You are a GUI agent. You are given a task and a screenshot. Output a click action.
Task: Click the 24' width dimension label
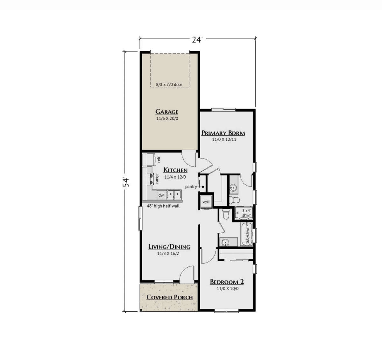coord(197,40)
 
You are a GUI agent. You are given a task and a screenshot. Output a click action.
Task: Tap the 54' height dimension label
coord(126,182)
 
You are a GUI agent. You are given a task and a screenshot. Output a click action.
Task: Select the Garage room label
coord(167,112)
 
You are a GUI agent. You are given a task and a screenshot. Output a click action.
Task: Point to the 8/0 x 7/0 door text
coord(169,84)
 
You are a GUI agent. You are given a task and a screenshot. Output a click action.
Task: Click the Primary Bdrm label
coord(223,133)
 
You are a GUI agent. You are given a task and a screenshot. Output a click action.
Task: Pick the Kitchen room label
coord(175,170)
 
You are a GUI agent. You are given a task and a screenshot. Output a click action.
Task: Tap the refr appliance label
coord(159,159)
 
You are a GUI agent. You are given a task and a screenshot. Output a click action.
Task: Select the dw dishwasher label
coord(161,195)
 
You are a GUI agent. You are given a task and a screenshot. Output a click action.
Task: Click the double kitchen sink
coord(174,194)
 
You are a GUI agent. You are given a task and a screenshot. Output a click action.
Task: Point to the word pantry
coord(191,187)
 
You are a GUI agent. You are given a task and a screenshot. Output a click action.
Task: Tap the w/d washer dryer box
coord(206,202)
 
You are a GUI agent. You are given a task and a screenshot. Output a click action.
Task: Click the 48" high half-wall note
coord(163,206)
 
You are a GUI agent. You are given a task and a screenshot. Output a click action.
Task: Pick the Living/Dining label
coord(169,247)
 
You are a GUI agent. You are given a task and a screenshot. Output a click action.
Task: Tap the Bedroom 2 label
coord(227,282)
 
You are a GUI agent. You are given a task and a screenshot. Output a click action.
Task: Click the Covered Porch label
coord(170,297)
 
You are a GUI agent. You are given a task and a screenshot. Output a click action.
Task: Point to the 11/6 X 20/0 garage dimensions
coord(167,118)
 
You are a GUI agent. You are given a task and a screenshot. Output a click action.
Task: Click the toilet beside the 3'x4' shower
coord(226,214)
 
